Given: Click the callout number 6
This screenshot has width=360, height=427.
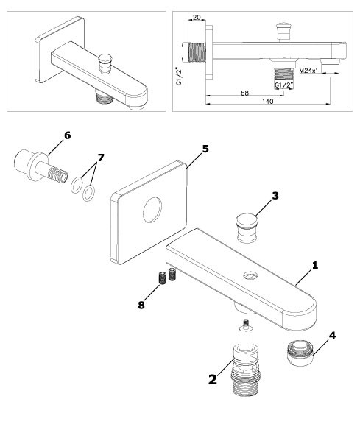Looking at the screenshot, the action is pos(67,135).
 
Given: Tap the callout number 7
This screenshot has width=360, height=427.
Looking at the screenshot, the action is pos(101,158).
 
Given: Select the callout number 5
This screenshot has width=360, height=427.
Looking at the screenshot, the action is pos(205,149).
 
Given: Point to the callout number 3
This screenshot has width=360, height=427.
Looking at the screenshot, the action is pos(275,196).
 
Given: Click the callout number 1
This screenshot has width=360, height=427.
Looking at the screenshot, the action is pos(315,265).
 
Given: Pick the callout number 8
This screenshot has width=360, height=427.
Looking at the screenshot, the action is pos(141,305).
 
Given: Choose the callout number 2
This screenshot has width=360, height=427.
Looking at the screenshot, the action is pos(213,379).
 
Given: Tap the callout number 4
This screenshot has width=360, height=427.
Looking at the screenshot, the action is pos(332,336).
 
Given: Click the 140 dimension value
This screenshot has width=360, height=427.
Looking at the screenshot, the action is pos(268,102).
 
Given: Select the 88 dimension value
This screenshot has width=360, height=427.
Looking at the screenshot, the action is pos(245,93).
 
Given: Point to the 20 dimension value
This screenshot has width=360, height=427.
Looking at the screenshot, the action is pos(197,18).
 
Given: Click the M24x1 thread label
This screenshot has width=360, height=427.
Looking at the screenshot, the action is pos(308,71).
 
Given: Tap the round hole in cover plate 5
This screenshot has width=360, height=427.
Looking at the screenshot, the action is pos(152,211).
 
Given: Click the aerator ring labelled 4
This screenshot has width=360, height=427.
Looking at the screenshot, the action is pos(300,354).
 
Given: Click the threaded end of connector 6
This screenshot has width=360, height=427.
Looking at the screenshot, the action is pos(58,174).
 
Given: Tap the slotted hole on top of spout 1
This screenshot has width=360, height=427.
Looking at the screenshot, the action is pos(250,275).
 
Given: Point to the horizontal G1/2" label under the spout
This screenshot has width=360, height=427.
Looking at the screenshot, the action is pos(283,85).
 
